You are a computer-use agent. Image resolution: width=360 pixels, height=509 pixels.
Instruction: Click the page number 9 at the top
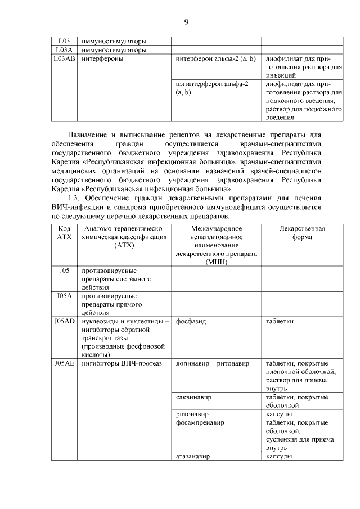click(186, 22)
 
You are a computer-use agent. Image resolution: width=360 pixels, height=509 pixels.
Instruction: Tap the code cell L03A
click(64, 49)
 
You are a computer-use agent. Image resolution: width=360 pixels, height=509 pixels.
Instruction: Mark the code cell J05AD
click(65, 321)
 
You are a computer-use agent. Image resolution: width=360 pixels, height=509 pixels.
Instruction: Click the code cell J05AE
click(65, 363)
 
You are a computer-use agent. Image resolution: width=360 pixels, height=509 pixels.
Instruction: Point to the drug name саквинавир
click(194, 397)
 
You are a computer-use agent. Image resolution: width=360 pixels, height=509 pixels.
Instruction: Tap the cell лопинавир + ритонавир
click(212, 363)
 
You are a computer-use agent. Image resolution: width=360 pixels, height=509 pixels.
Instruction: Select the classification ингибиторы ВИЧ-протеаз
click(121, 363)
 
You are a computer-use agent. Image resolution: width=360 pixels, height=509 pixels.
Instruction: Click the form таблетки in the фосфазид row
click(280, 321)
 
